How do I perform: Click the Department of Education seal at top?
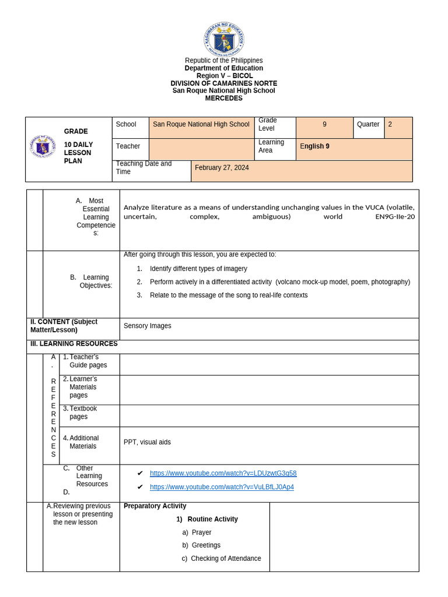pos(224,39)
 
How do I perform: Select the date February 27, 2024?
pos(222,168)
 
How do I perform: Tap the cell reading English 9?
pos(315,146)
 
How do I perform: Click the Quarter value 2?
pos(390,124)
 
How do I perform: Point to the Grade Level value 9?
pos(324,124)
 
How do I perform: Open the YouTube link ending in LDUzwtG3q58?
pos(223,473)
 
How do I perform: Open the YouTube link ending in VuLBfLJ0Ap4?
pos(222,487)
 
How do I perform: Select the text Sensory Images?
pos(148,326)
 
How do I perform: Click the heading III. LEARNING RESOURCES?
pos(74,344)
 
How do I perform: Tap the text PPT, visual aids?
pos(147,442)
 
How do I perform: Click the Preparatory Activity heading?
pos(155,506)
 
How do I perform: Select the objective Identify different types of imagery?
pos(198,269)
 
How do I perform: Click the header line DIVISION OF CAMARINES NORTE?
pos(224,83)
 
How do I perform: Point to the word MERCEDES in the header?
pos(224,98)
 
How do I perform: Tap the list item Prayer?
pos(201,532)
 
